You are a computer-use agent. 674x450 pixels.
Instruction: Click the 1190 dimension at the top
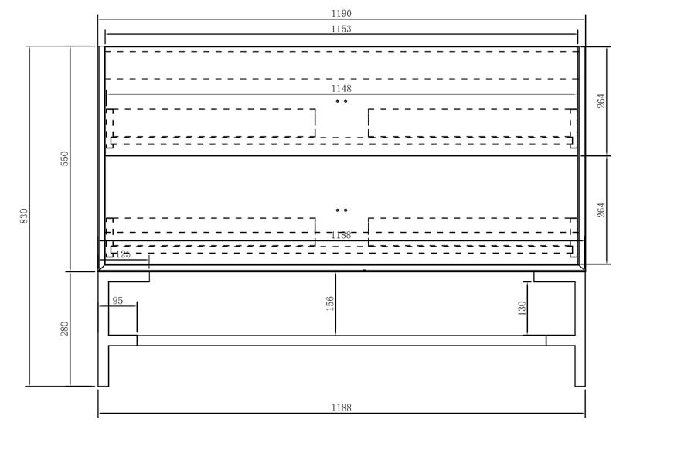pyautogui.click(x=341, y=14)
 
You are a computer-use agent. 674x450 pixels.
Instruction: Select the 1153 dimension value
pyautogui.click(x=341, y=29)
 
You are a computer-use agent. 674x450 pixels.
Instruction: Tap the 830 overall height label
pyautogui.click(x=24, y=216)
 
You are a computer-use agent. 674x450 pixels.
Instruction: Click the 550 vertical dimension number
pyautogui.click(x=66, y=159)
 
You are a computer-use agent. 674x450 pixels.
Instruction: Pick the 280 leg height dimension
pyautogui.click(x=66, y=329)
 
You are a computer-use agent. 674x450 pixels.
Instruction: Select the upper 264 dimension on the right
pyautogui.click(x=601, y=101)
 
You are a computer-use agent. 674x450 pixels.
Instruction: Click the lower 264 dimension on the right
pyautogui.click(x=601, y=210)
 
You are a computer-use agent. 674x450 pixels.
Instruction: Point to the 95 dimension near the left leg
pyautogui.click(x=117, y=301)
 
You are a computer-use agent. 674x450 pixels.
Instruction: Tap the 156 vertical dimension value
pyautogui.click(x=330, y=303)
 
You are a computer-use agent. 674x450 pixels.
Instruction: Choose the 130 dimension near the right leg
pyautogui.click(x=522, y=309)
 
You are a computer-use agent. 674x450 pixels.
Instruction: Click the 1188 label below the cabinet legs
pyautogui.click(x=341, y=407)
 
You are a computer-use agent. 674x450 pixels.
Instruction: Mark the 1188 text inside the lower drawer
pyautogui.click(x=341, y=235)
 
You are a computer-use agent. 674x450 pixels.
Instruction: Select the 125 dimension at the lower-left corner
pyautogui.click(x=123, y=254)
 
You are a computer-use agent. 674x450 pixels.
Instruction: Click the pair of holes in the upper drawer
pyautogui.click(x=341, y=101)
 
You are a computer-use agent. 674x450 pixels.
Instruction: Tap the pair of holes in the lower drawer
pyautogui.click(x=341, y=210)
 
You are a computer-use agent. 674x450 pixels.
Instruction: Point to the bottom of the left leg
pyautogui.click(x=104, y=384)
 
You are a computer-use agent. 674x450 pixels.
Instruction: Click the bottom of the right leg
pyautogui.click(x=580, y=384)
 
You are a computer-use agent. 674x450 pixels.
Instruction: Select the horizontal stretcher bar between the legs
pyautogui.click(x=341, y=340)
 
